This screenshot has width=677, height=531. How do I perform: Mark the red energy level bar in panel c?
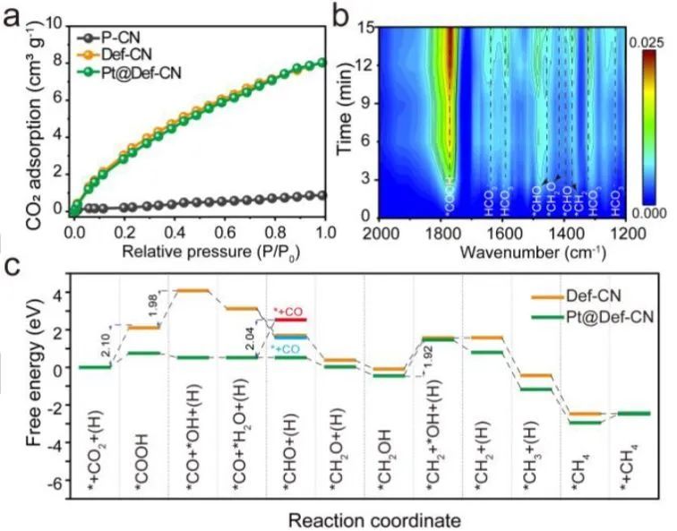pos(290,320)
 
